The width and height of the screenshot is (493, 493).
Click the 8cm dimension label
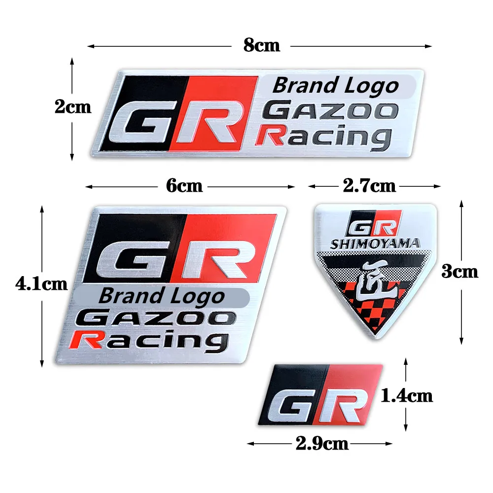[x=261, y=45]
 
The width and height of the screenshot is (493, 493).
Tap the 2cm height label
[x=73, y=107]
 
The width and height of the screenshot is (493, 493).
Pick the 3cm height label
[x=459, y=271]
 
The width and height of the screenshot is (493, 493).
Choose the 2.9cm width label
[x=322, y=444]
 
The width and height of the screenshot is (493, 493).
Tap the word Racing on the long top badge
[x=323, y=136]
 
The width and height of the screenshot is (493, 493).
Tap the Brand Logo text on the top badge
[x=335, y=86]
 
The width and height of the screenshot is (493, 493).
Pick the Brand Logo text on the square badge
[x=162, y=296]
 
